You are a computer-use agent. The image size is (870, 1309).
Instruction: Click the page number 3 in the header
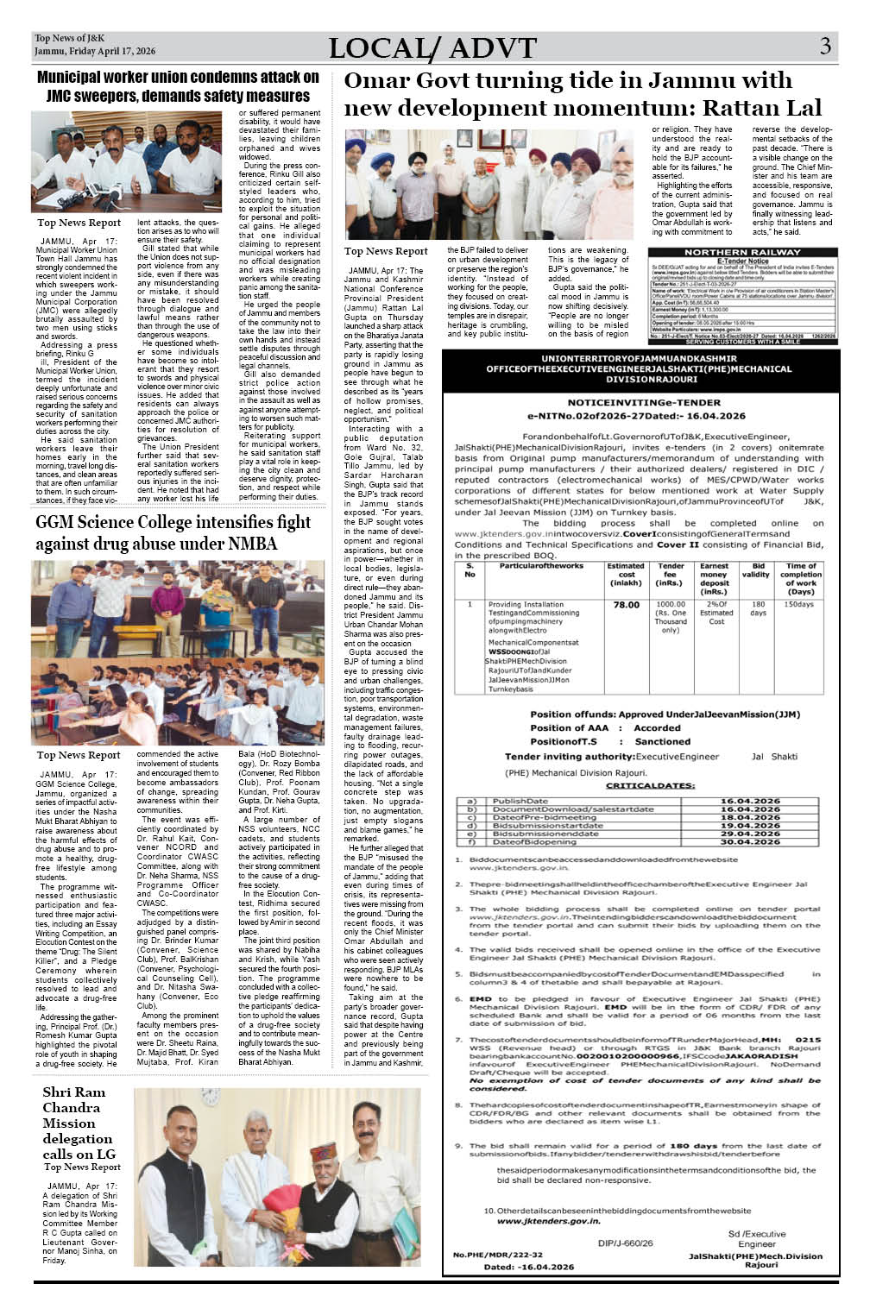click(x=825, y=47)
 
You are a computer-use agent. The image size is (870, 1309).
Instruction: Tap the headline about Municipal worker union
click(x=177, y=86)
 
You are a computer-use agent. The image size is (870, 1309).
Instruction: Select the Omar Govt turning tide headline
click(x=582, y=94)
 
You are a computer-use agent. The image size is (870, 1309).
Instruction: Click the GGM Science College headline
click(x=173, y=532)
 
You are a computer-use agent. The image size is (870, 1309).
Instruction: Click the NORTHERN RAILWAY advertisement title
click(x=742, y=253)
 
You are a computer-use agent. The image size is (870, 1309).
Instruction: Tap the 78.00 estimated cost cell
click(x=626, y=605)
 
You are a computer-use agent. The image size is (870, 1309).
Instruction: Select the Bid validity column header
click(x=759, y=570)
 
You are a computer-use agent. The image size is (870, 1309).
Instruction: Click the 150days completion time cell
click(x=799, y=605)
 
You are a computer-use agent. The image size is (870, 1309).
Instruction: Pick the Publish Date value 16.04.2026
click(x=749, y=801)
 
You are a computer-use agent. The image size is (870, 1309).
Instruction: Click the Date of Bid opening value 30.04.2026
click(x=749, y=841)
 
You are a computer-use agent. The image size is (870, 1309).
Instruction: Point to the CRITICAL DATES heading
click(x=650, y=786)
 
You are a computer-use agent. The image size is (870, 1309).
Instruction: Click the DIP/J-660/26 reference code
click(x=625, y=1243)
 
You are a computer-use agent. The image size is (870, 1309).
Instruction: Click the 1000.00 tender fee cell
click(x=671, y=605)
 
